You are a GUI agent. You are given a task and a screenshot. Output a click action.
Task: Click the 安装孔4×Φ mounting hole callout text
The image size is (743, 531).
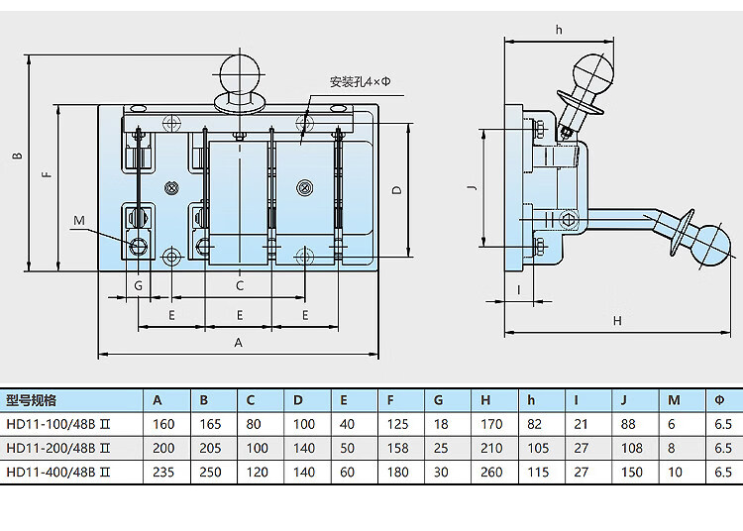coord(361,82)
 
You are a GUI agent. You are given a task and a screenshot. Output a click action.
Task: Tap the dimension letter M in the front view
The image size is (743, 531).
coord(79,220)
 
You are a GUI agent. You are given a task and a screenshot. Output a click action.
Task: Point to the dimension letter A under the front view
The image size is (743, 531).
coord(239,342)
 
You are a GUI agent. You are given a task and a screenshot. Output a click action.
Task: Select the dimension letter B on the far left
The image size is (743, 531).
coord(18,156)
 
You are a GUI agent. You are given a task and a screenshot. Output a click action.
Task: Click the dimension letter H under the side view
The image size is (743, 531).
coord(617,321)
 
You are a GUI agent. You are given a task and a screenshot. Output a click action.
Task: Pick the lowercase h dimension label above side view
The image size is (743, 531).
coord(559,30)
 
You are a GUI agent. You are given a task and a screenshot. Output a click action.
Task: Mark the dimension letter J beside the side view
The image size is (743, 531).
coord(472,187)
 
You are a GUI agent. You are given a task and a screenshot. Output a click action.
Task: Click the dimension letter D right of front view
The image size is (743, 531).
coord(397,189)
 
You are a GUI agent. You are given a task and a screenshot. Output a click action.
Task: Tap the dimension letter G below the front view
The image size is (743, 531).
coord(138,285)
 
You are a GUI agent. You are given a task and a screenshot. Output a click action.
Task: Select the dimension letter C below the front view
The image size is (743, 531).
coord(240,285)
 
